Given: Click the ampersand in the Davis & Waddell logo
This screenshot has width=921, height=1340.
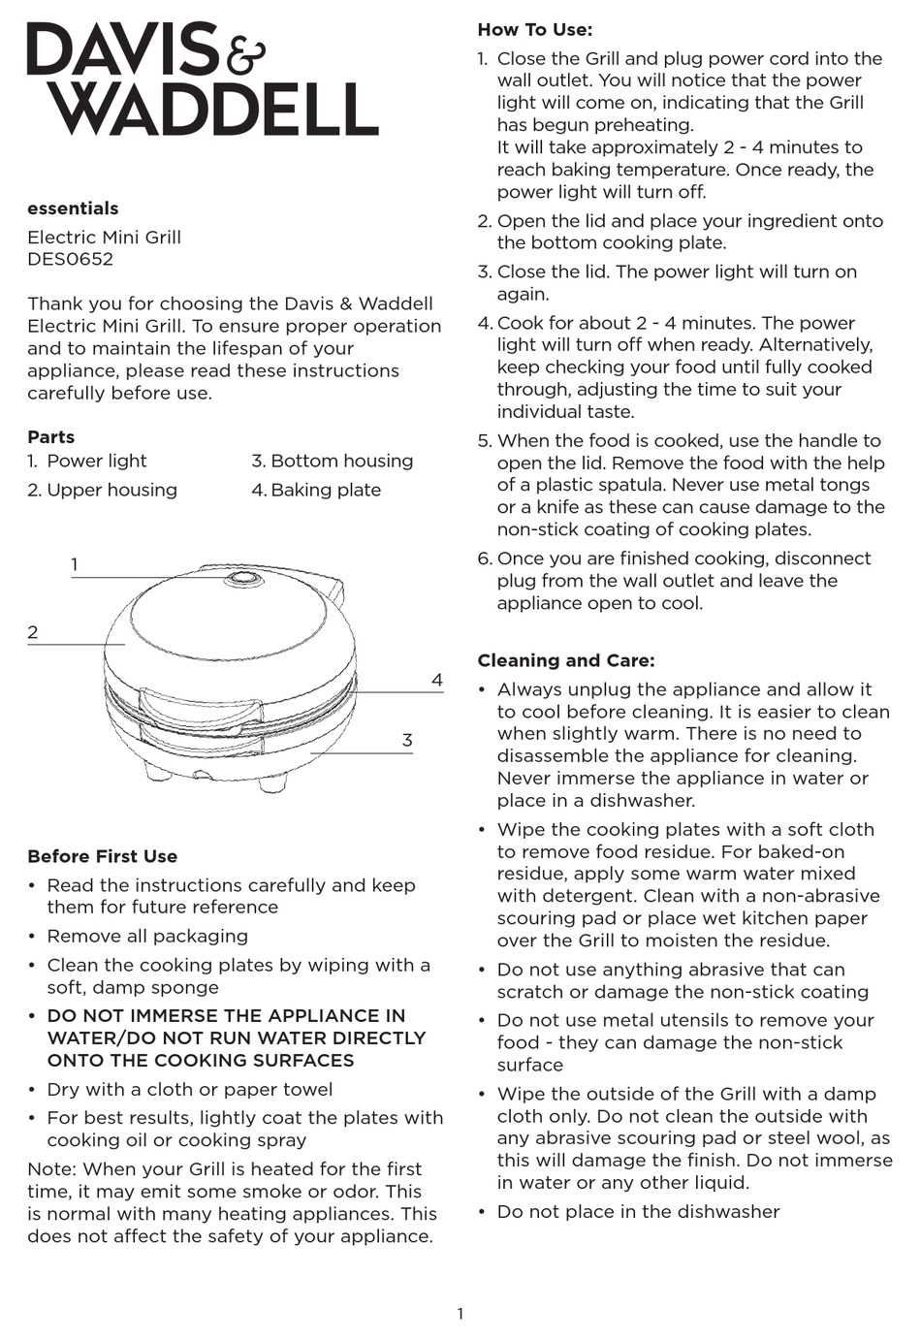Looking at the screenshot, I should coord(245,54).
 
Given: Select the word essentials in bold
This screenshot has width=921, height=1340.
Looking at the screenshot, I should coord(73,208).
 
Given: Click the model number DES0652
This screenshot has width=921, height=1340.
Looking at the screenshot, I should coord(70,259).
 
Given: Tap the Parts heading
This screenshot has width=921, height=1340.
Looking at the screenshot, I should coord(50,437).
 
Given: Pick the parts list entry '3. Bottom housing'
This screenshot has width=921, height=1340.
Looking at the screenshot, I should coord(333,461).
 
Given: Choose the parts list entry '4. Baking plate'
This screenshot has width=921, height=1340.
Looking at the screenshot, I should coord(316,490).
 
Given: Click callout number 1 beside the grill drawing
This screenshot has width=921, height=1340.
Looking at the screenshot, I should coord(75,564).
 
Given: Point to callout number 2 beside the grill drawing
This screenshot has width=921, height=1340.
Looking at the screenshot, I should coord(33,632).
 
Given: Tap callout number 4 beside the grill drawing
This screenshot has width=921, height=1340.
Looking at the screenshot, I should coord(437,681).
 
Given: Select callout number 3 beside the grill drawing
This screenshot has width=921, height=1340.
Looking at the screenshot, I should coord(407,741).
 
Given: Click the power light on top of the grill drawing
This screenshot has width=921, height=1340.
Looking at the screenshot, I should coord(242,580).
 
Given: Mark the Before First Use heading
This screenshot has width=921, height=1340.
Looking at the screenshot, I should coord(103,856).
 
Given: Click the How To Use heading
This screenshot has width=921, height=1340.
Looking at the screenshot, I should coord(534,30).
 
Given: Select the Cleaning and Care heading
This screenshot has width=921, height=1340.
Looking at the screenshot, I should coord(566,660).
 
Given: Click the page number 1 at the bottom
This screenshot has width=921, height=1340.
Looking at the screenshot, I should coord(460,1314).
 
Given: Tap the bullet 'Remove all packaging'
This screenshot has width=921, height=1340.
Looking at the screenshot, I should coord(147,936).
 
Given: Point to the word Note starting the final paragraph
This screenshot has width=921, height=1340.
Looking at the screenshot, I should coord(50,1168).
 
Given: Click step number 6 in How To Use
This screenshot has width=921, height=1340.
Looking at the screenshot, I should coord(485,558).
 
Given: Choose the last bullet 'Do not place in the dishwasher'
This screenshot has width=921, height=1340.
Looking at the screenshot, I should coord(638,1211).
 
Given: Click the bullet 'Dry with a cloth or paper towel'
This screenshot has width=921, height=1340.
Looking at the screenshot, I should coord(190,1089).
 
